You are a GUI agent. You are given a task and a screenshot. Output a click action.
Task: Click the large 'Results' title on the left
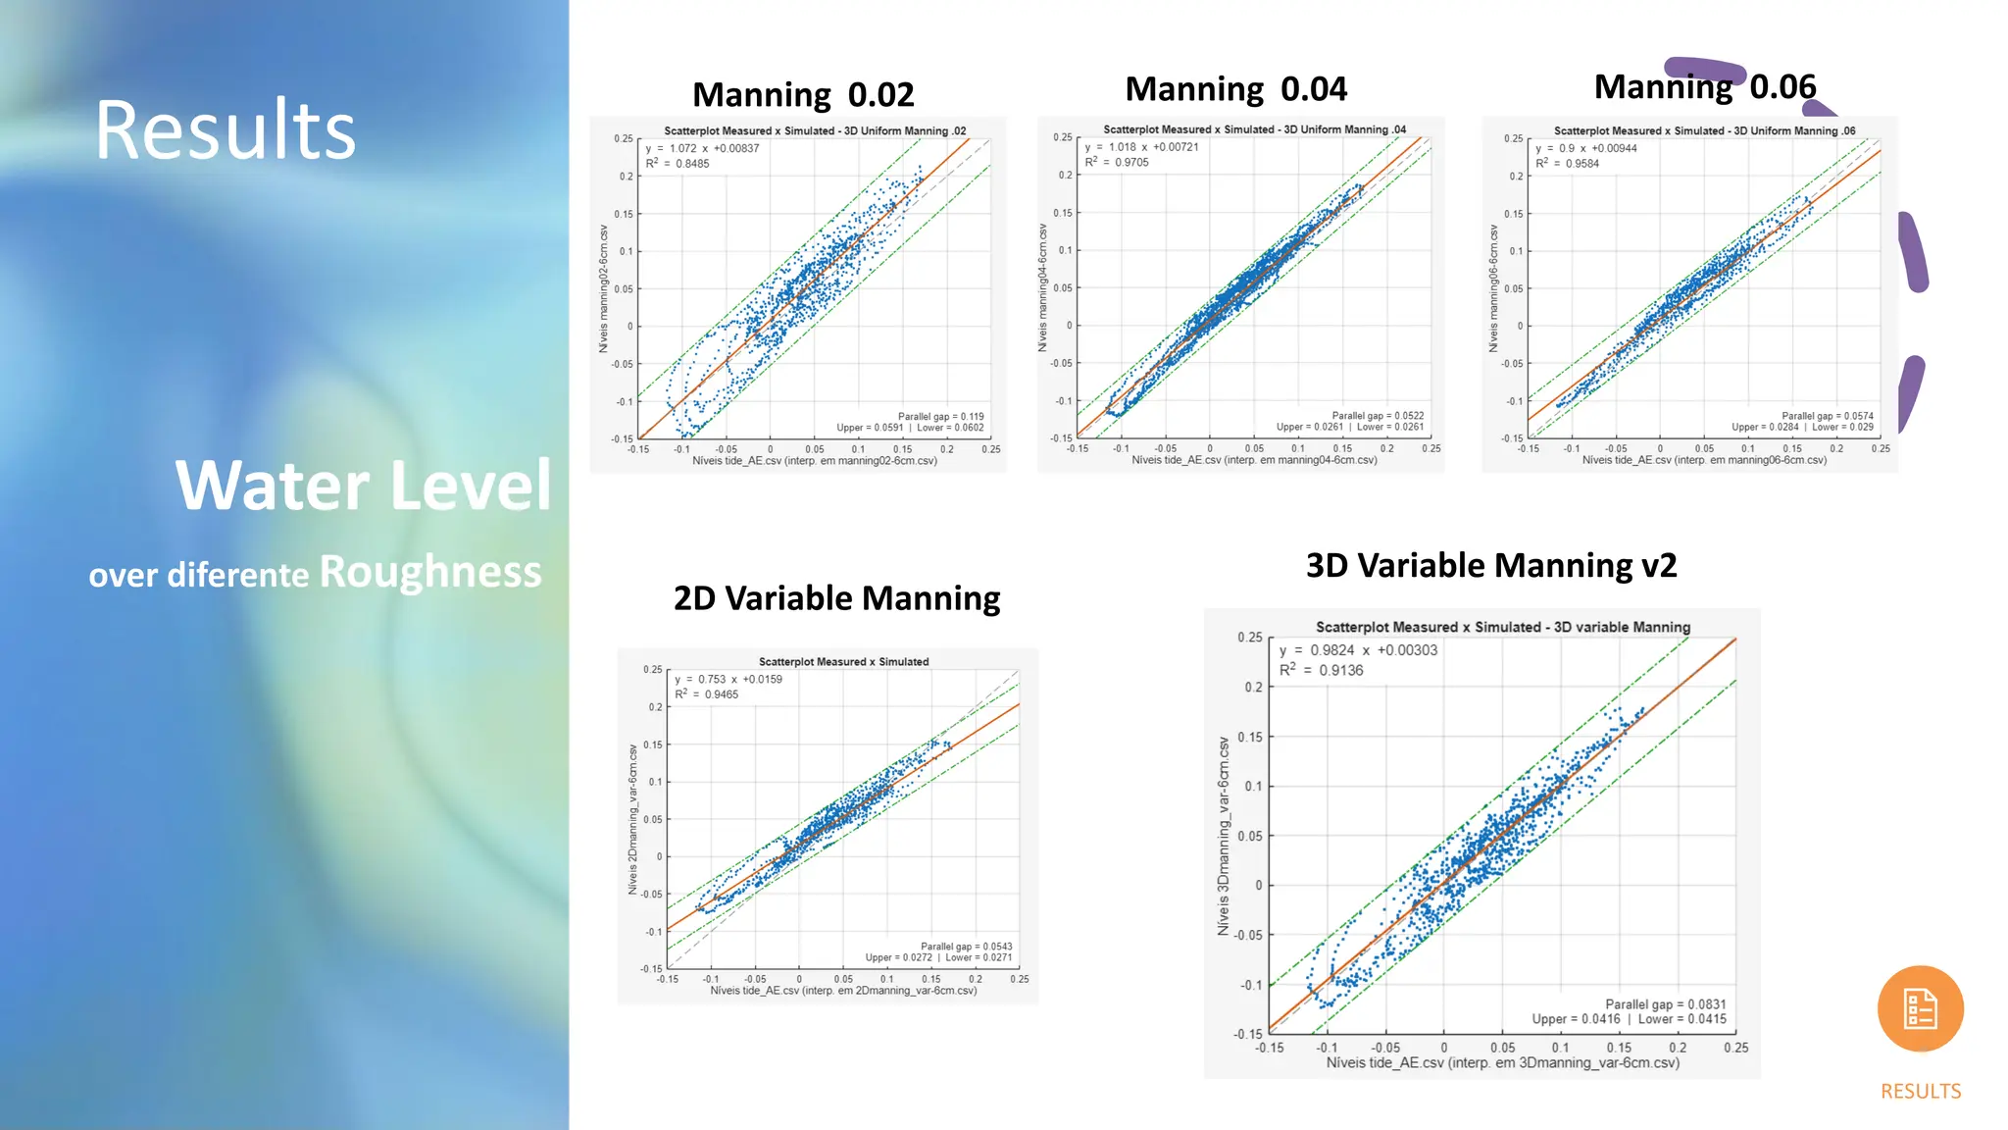click(x=226, y=130)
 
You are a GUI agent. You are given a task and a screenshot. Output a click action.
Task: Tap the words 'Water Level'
click(x=363, y=485)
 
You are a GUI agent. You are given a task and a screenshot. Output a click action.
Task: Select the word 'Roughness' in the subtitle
click(x=430, y=572)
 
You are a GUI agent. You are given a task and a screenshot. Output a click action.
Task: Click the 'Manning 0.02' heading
click(x=803, y=95)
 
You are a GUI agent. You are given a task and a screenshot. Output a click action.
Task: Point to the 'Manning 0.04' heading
click(x=1235, y=89)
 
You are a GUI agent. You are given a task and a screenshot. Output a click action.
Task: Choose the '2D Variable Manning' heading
click(x=836, y=598)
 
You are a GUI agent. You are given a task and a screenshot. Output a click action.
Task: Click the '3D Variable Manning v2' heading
click(x=1491, y=566)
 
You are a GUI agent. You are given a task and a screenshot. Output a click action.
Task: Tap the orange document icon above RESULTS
click(x=1920, y=1008)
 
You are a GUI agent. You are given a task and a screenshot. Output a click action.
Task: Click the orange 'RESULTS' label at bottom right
click(x=1920, y=1091)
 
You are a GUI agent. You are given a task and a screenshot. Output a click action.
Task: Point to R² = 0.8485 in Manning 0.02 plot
click(x=678, y=164)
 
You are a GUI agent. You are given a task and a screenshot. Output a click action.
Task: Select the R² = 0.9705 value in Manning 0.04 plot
click(x=1117, y=163)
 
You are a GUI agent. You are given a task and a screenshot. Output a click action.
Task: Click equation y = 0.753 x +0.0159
click(x=728, y=679)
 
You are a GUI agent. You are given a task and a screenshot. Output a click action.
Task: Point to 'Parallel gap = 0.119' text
click(x=940, y=417)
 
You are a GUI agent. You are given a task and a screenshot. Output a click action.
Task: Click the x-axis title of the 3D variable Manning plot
click(x=1502, y=1062)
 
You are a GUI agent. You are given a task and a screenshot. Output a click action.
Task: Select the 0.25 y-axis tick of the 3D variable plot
click(x=1249, y=638)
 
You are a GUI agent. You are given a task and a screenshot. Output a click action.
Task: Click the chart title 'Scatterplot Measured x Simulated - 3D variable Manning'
click(x=1502, y=627)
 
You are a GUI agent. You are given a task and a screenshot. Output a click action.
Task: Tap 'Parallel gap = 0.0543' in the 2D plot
click(x=966, y=947)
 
